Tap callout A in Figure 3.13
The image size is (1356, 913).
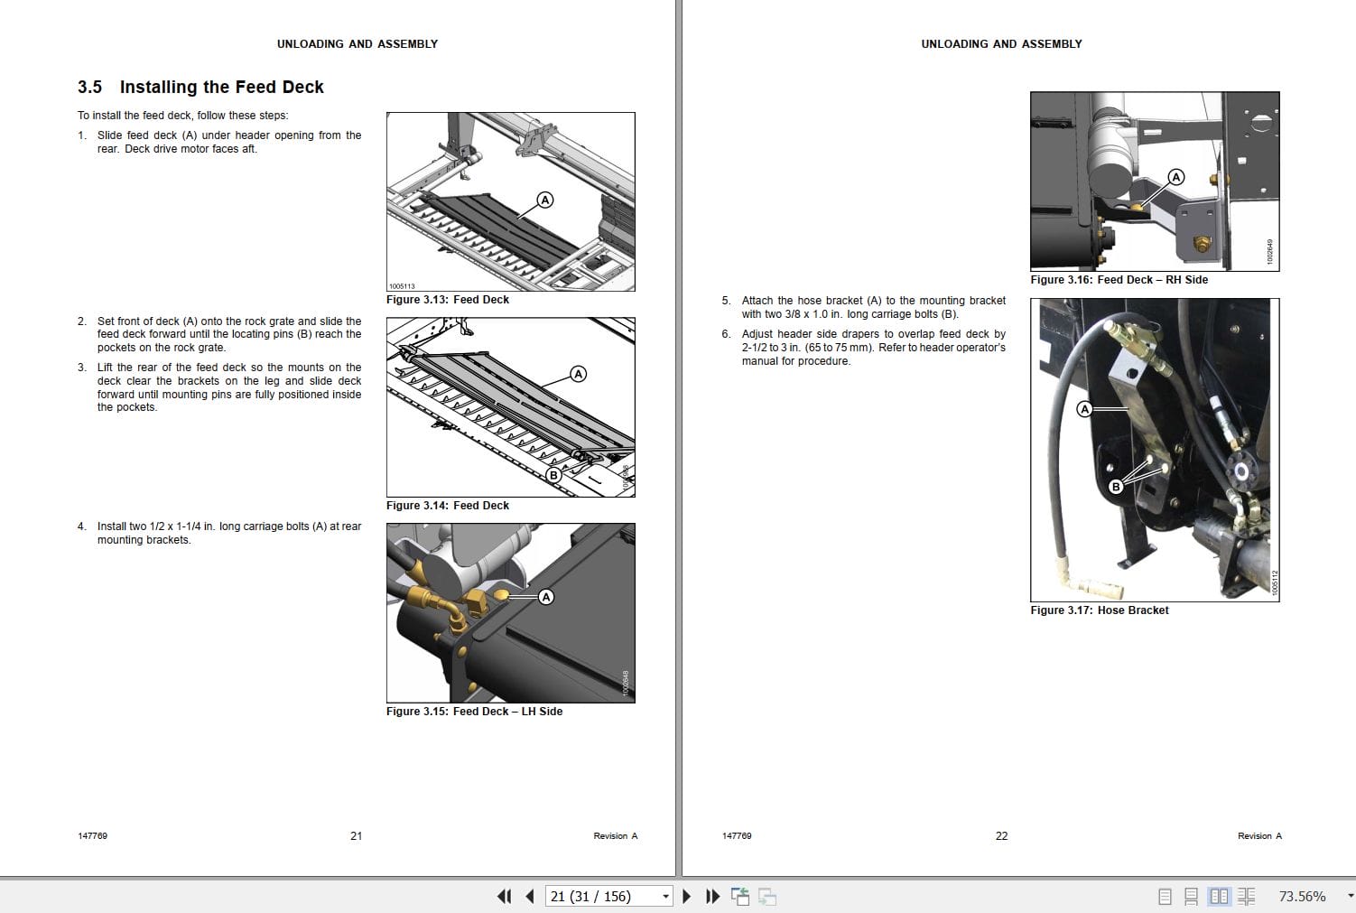(545, 200)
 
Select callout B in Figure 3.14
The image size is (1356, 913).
(553, 475)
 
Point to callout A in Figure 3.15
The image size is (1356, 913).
(545, 597)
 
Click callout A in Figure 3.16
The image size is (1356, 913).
(1175, 177)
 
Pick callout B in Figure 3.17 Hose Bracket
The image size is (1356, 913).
(1115, 487)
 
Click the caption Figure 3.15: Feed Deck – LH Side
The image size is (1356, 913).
(474, 712)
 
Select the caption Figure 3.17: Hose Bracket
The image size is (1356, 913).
(1099, 610)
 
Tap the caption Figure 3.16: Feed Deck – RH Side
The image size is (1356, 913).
(1119, 280)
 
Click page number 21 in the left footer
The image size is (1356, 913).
(356, 836)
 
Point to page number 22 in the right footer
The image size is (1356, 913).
(1001, 836)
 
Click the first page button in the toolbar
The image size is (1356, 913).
(504, 896)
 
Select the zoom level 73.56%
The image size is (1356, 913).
(1302, 896)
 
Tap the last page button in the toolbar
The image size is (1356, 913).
(712, 896)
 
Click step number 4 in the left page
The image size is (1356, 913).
(82, 526)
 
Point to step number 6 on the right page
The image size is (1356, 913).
(726, 334)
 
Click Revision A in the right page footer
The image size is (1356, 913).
(1259, 836)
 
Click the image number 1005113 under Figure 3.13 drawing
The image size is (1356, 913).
(402, 286)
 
